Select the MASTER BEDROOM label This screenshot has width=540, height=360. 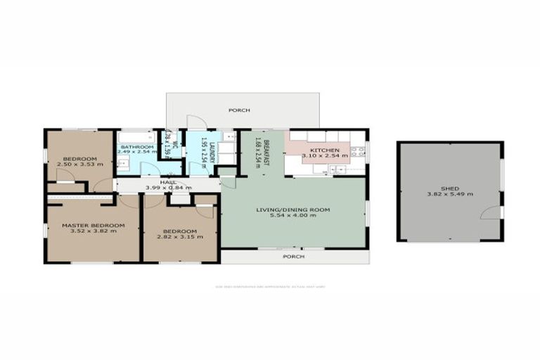point(93,225)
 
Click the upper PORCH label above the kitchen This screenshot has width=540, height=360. point(240,111)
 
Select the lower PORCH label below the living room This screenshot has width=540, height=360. point(293,257)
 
